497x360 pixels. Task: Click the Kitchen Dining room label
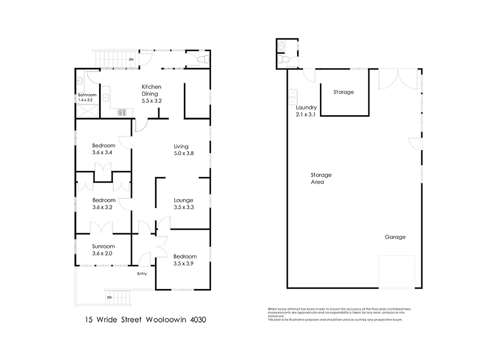pyautogui.click(x=151, y=93)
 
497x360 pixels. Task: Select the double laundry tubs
pyautogui.click(x=293, y=94)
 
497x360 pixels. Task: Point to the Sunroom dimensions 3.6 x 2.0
pyautogui.click(x=104, y=253)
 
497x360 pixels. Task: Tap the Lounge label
pyautogui.click(x=183, y=200)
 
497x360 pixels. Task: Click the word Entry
pyautogui.click(x=142, y=274)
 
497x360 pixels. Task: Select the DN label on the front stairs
pyautogui.click(x=109, y=297)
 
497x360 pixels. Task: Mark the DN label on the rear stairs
pyautogui.click(x=131, y=60)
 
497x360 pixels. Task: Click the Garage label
pyautogui.click(x=395, y=237)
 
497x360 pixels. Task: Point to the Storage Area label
pyautogui.click(x=321, y=178)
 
